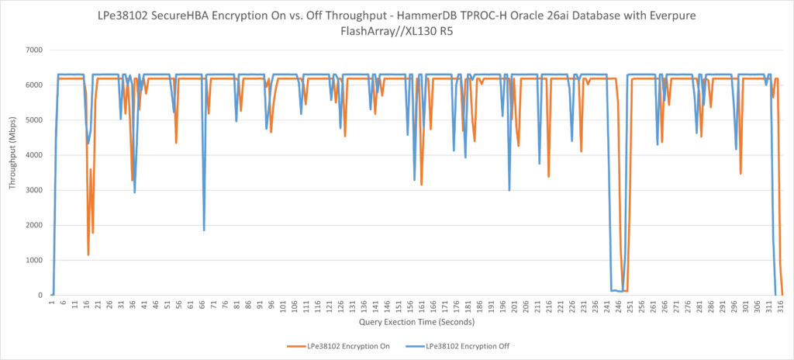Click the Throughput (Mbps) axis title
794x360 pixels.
click(x=12, y=172)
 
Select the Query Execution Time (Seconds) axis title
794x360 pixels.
click(x=416, y=321)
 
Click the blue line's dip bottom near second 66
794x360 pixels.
click(x=204, y=230)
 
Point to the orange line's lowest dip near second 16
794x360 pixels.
click(x=88, y=254)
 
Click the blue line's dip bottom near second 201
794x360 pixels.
click(x=509, y=190)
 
